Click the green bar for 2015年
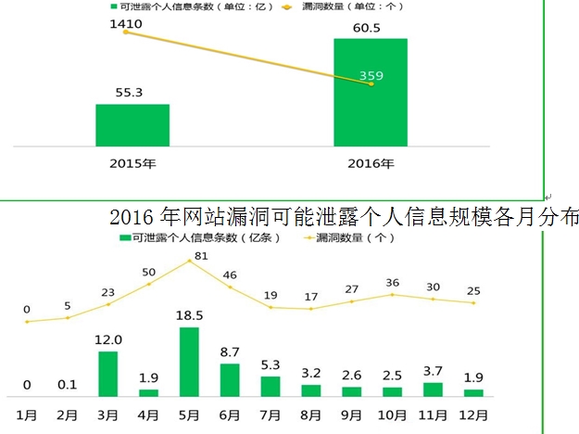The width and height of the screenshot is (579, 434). [132, 124]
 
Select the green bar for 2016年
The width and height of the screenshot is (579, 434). [371, 92]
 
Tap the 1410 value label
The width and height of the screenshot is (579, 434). [126, 14]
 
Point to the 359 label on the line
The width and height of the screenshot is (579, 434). [371, 76]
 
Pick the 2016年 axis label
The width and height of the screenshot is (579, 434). [371, 164]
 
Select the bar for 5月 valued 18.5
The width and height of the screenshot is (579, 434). [189, 362]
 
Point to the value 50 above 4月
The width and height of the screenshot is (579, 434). [149, 272]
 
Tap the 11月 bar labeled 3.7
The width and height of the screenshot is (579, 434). [433, 389]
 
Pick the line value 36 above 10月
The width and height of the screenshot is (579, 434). [393, 282]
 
